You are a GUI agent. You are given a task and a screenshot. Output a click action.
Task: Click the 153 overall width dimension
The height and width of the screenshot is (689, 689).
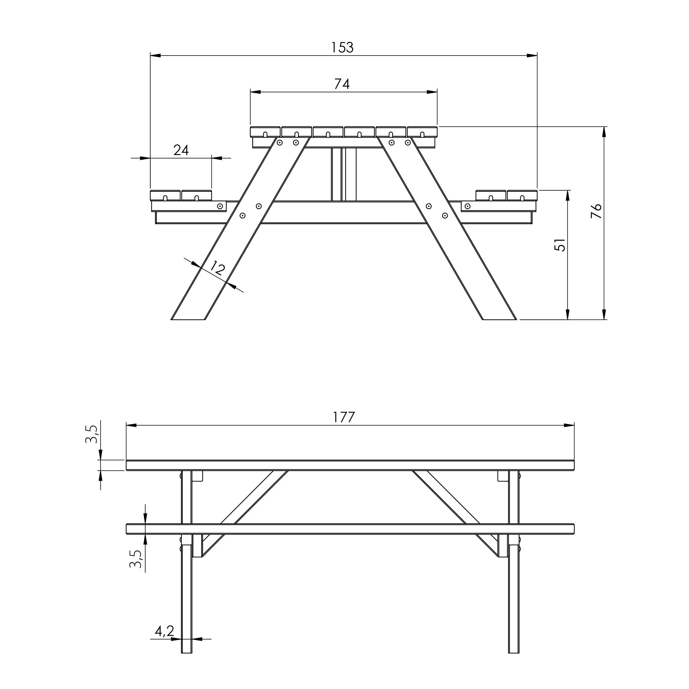(x=342, y=47)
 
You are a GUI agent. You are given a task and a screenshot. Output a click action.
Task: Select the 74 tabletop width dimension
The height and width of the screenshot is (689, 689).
(x=342, y=84)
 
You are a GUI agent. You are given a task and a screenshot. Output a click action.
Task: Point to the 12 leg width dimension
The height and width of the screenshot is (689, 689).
(x=217, y=268)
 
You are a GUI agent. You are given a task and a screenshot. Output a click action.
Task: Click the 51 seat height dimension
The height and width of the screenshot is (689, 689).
(x=560, y=245)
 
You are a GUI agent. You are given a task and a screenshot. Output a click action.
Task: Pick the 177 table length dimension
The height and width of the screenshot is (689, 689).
(x=344, y=417)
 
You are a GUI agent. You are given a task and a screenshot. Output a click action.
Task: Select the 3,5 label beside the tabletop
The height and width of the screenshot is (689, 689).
(x=91, y=434)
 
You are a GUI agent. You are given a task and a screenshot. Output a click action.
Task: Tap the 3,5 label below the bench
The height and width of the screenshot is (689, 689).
(x=136, y=558)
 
